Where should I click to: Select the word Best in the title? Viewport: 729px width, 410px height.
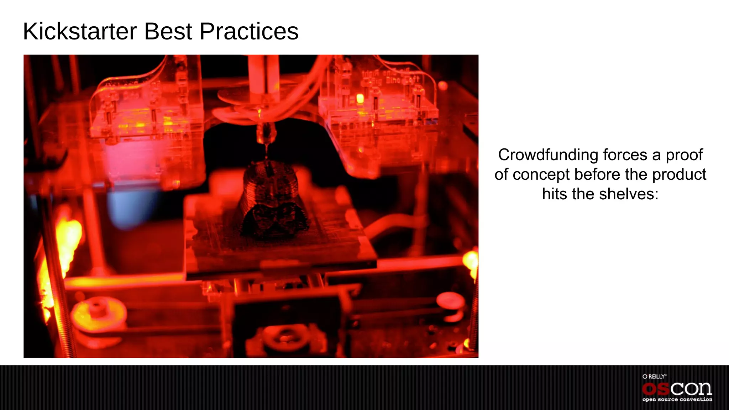tap(168, 31)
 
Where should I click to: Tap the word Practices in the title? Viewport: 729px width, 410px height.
tap(249, 31)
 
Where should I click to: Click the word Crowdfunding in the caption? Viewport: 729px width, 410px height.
tap(548, 155)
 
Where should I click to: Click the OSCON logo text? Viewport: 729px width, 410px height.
tap(677, 389)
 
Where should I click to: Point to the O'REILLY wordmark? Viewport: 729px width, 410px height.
tap(654, 377)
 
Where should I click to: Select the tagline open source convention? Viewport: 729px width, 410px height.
tap(677, 399)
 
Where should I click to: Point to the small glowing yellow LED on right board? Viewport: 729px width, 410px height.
tap(360, 98)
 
